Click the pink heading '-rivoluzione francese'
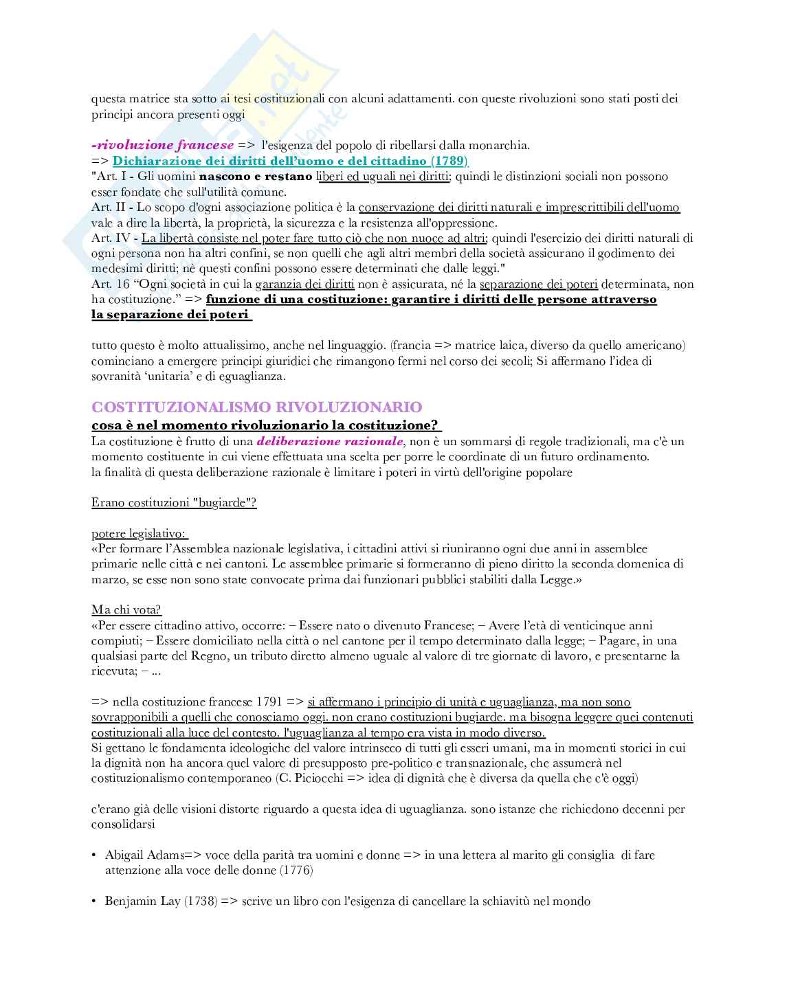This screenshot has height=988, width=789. point(162,145)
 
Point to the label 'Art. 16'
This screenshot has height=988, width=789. point(110,284)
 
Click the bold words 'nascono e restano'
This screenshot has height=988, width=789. point(256,177)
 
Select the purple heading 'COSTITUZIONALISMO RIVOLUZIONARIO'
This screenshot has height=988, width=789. point(257,407)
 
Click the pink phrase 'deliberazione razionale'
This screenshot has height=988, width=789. point(330,441)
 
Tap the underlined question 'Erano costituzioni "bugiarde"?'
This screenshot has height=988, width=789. point(174,502)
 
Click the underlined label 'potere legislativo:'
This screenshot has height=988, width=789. point(140,533)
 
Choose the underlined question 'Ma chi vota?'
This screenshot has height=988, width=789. point(126,609)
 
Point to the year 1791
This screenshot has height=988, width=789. point(269,701)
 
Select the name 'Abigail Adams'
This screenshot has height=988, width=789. point(144,855)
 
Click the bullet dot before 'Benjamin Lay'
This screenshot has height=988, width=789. point(94,901)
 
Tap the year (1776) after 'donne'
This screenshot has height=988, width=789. point(296,871)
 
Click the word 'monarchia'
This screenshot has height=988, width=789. point(503,145)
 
